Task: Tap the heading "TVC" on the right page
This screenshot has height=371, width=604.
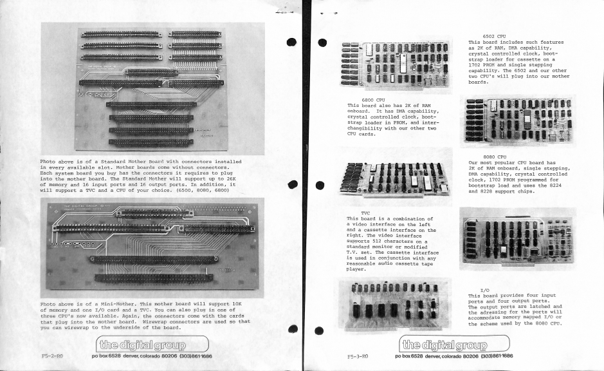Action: (x=365, y=211)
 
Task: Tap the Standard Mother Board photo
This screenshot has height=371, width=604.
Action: (x=152, y=87)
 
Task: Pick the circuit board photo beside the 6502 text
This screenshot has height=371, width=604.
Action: (x=395, y=64)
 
